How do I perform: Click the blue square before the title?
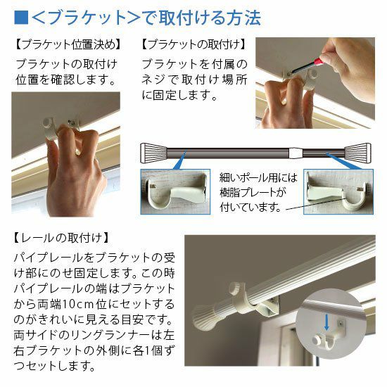(21, 18)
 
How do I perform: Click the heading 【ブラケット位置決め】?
(68, 44)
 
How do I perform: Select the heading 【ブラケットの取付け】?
(194, 44)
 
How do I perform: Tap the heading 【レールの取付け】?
(61, 238)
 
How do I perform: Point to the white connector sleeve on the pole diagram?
(296, 153)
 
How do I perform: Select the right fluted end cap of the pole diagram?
(358, 153)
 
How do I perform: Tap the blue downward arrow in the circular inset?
(326, 322)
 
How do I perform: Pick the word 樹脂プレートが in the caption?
(253, 193)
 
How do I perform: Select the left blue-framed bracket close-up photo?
(175, 191)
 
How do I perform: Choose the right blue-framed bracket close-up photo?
(338, 191)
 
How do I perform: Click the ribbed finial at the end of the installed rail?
(204, 317)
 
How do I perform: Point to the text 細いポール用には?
(258, 177)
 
